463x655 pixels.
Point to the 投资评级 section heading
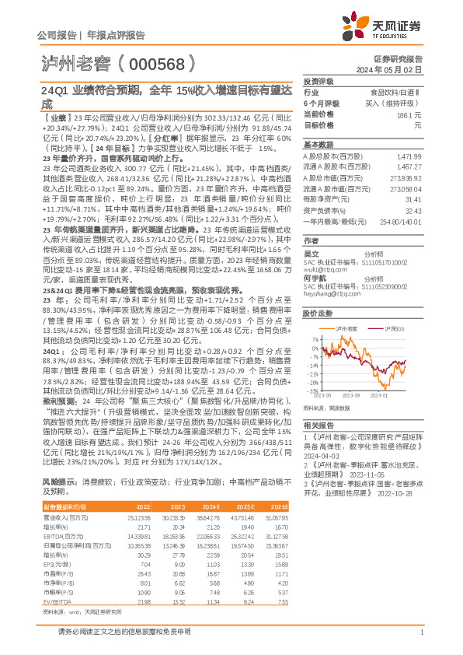point(318,81)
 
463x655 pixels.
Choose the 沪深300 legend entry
point(392,329)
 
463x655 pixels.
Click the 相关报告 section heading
point(318,425)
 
